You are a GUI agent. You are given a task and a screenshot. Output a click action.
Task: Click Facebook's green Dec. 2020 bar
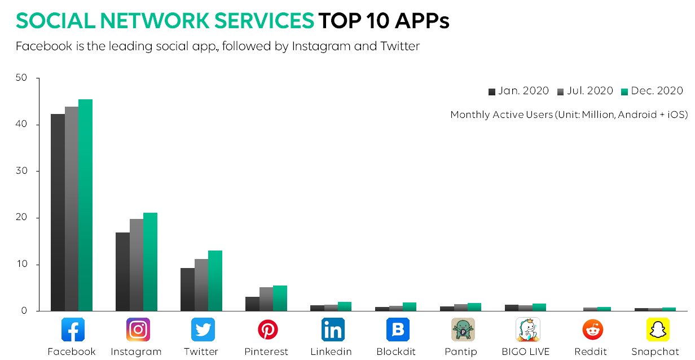tap(85, 205)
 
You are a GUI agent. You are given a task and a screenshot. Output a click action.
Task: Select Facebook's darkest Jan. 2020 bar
tap(58, 213)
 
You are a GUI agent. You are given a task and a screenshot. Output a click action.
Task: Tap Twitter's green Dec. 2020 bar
tap(215, 281)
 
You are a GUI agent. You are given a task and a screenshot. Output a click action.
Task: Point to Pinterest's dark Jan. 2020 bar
tap(252, 304)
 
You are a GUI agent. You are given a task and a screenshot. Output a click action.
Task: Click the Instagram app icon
tap(138, 330)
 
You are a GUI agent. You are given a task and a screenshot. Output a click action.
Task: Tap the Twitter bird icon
tap(203, 330)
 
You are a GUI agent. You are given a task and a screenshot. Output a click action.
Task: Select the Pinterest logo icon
tap(267, 330)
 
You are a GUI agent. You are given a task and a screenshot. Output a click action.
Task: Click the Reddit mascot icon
tap(592, 330)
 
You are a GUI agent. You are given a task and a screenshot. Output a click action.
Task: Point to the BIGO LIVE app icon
tap(527, 330)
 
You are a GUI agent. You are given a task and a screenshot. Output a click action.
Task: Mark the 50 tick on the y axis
tap(21, 78)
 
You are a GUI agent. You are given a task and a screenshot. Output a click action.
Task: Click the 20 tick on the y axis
tap(21, 218)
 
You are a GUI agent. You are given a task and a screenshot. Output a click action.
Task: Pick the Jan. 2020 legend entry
tap(519, 91)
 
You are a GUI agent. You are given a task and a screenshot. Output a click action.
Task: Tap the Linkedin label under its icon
tap(331, 352)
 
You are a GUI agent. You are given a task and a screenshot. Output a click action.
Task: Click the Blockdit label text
tap(396, 352)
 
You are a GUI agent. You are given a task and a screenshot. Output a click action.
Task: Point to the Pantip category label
tap(462, 352)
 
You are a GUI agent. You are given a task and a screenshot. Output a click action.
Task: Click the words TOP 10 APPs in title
tap(384, 21)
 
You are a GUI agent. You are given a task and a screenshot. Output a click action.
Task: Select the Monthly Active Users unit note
tap(569, 115)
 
